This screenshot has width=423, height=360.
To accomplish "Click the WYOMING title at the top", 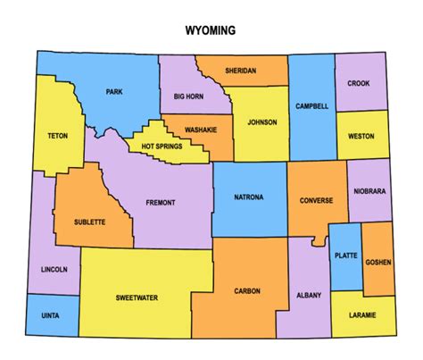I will [x=211, y=30].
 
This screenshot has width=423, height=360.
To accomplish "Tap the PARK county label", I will [x=114, y=92].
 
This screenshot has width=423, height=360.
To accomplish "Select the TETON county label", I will [x=58, y=137].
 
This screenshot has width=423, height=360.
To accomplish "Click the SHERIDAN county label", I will [x=240, y=71].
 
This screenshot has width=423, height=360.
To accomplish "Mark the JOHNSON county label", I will [x=262, y=121].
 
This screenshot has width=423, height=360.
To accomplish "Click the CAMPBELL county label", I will [x=312, y=106].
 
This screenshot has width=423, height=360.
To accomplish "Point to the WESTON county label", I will [x=362, y=137].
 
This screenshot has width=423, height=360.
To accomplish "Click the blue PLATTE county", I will [x=344, y=256].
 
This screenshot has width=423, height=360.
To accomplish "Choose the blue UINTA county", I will [x=52, y=315].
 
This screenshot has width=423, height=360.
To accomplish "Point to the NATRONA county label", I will [x=248, y=197].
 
